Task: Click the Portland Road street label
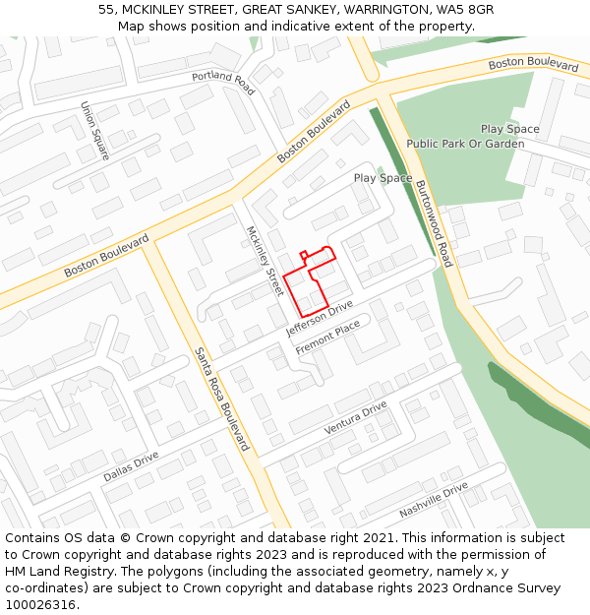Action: [223, 84]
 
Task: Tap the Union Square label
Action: [94, 131]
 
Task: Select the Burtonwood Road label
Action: [434, 224]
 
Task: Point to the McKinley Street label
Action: [264, 262]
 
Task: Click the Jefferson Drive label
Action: [319, 320]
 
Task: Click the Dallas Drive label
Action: [131, 466]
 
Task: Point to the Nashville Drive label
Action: [433, 501]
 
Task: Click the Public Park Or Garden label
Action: [465, 144]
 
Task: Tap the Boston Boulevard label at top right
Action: [533, 64]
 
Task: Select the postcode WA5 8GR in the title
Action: [467, 10]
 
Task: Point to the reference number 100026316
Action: [40, 604]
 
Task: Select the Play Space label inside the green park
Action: [509, 129]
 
